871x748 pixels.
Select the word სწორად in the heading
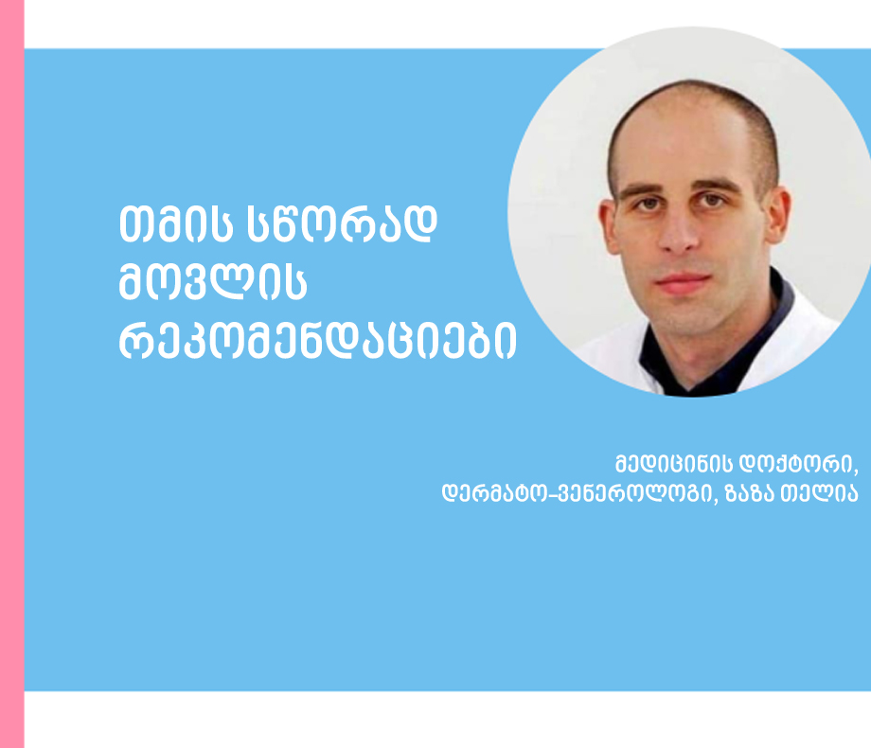pos(341,224)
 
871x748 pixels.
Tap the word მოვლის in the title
pos(213,282)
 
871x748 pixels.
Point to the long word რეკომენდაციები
pos(317,340)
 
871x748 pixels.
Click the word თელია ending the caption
pos(820,493)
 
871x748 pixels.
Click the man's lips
pos(684,282)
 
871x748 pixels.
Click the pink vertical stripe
pos(11,374)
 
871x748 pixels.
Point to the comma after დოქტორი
pos(856,472)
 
